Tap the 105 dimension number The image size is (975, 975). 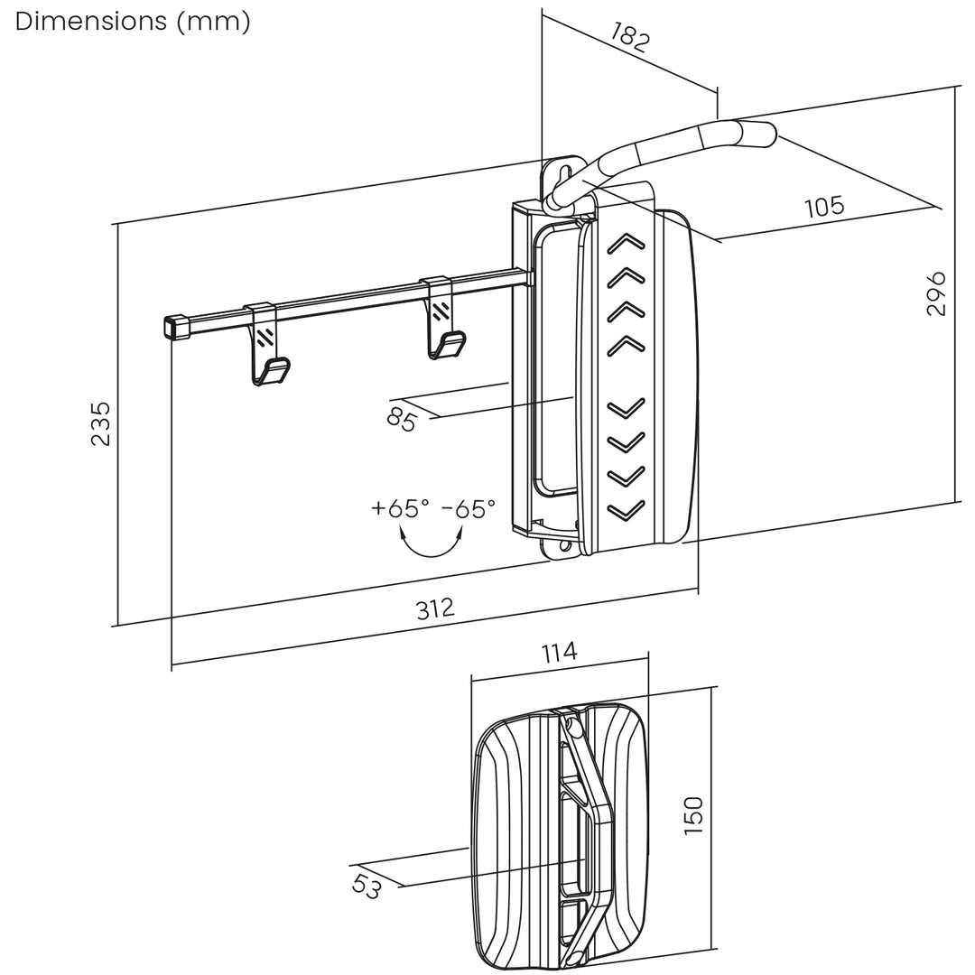pos(823,207)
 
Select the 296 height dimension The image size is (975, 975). pos(936,292)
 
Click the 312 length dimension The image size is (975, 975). pos(435,608)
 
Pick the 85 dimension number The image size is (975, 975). pos(401,418)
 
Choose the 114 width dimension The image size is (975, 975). pos(559,652)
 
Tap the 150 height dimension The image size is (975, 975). pos(692,815)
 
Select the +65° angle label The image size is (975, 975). pos(400,508)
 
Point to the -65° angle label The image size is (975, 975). pos(469,508)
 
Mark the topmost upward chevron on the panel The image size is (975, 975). pos(627,242)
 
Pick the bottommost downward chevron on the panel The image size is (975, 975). pos(627,510)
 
